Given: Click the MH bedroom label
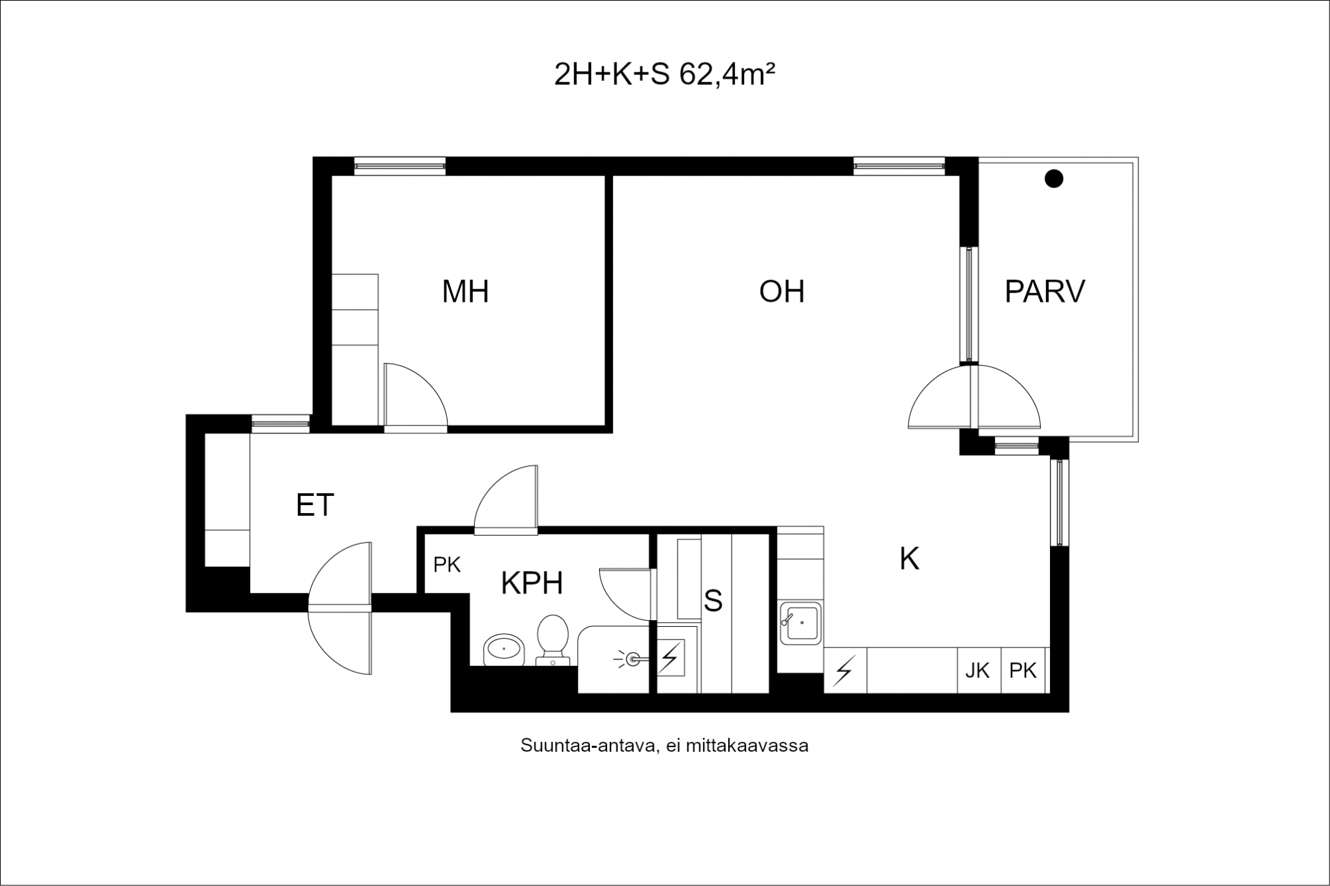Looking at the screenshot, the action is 465,291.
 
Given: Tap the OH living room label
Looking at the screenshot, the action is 782,291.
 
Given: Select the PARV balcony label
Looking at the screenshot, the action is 1045,291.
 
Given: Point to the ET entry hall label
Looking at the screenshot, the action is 315,505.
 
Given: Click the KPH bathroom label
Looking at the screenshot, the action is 532,583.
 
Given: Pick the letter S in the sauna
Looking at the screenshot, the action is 713,601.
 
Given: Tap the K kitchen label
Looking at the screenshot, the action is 909,559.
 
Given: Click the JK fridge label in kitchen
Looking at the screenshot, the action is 978,671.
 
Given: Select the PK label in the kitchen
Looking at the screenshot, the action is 1023,671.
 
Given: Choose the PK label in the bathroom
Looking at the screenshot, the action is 447,565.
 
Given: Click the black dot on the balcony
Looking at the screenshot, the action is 1053,178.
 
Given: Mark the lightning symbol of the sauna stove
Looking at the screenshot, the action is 670,658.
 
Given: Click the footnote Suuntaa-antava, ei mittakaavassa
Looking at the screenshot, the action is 664,746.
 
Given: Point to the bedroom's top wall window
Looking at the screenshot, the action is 399,166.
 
